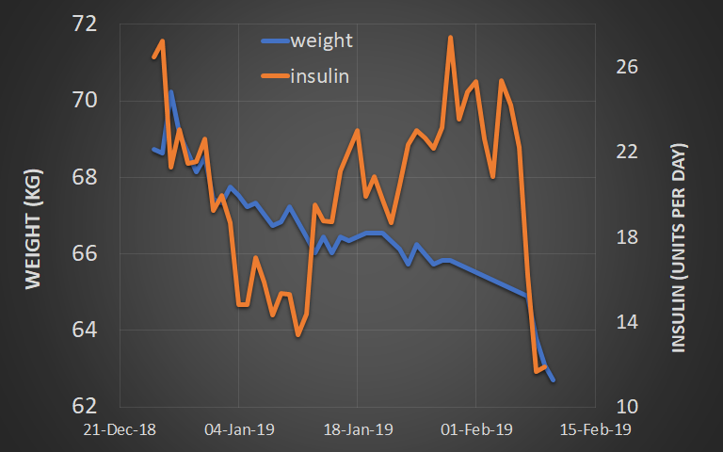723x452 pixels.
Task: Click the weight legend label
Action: (x=322, y=40)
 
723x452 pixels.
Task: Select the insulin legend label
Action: (x=320, y=76)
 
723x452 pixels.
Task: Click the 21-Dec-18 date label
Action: (x=120, y=429)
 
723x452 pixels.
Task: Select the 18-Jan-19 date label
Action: (x=358, y=429)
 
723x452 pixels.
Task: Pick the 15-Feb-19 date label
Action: (x=595, y=429)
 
